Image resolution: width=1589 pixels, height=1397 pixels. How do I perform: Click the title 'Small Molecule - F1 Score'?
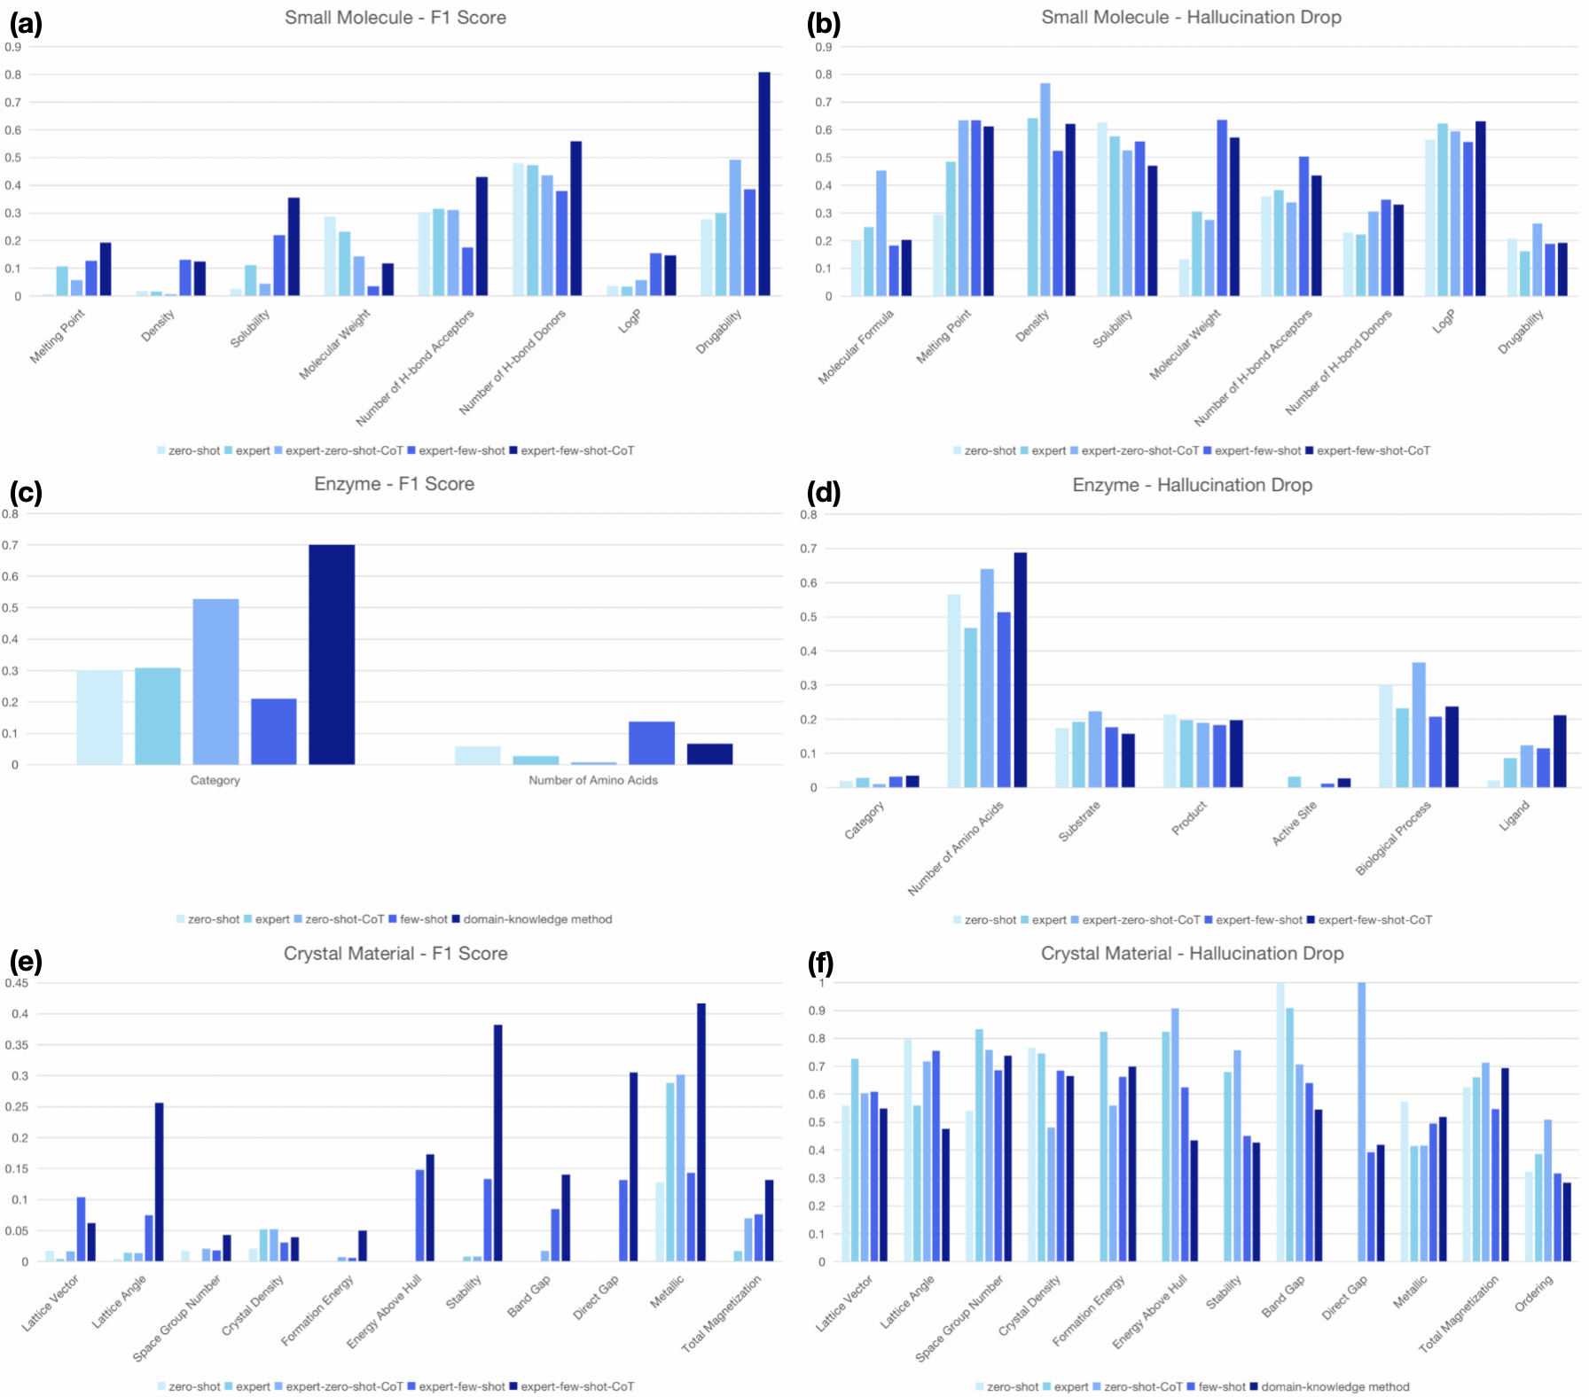click(x=395, y=18)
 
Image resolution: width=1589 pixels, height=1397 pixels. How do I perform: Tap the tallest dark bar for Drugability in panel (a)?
click(x=763, y=183)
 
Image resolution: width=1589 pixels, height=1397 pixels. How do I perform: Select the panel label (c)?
click(x=26, y=492)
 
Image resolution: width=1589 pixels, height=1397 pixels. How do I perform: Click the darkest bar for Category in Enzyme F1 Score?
click(x=332, y=654)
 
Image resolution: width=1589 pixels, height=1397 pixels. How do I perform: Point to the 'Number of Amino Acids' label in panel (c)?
click(x=593, y=780)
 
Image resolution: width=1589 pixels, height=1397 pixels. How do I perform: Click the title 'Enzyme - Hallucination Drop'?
click(x=1192, y=485)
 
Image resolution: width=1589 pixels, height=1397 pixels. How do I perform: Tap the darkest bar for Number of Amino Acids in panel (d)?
click(x=1020, y=670)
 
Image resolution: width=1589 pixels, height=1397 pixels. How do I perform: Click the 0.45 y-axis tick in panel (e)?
click(x=17, y=983)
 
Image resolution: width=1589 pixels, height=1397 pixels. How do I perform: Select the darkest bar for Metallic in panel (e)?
click(x=701, y=1132)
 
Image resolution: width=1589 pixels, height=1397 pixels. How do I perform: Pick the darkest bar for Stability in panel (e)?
click(x=498, y=1143)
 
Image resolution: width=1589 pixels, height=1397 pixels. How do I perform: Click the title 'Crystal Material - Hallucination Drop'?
click(x=1192, y=954)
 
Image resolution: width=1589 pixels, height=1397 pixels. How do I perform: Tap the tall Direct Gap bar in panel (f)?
click(x=1361, y=1121)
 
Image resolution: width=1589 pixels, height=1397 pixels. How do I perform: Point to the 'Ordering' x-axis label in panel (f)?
click(x=1534, y=1293)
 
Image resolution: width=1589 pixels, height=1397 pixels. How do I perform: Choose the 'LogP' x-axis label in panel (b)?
click(x=1444, y=322)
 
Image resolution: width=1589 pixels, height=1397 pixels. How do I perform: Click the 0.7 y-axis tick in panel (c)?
click(x=10, y=545)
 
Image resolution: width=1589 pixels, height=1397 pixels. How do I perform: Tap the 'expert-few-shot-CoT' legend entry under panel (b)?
click(x=1373, y=450)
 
